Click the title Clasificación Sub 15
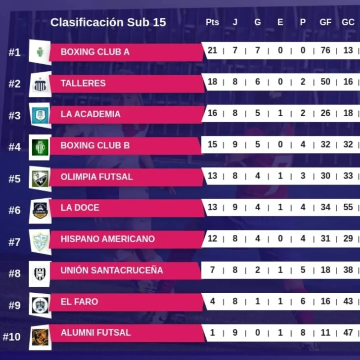[x=108, y=22]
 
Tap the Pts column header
[x=212, y=22]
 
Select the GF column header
[x=325, y=22]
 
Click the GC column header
[x=348, y=22]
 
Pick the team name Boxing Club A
[x=95, y=51]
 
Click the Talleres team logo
[x=40, y=84]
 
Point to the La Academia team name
[x=90, y=114]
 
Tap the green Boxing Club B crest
[x=40, y=147]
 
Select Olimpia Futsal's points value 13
[x=212, y=176]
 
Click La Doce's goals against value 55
[x=348, y=207]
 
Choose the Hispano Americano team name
[x=108, y=239]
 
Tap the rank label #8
[x=14, y=273]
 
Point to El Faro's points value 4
[x=212, y=301]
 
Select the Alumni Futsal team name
[x=96, y=333]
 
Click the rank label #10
[x=12, y=336]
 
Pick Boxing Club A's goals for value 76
[x=325, y=50]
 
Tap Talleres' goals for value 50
[x=325, y=82]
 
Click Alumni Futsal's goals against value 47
[x=348, y=332]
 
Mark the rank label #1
[x=14, y=52]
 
